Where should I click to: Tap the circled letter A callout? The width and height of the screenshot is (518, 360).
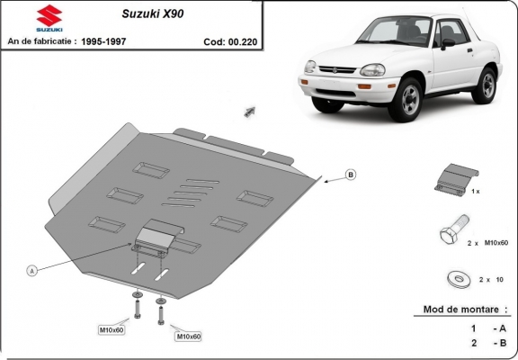coord(32,270)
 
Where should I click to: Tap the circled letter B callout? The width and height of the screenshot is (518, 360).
coord(351,175)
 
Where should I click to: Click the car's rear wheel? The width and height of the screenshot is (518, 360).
coord(487,84)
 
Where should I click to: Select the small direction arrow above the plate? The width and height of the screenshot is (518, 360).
coord(246,112)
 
